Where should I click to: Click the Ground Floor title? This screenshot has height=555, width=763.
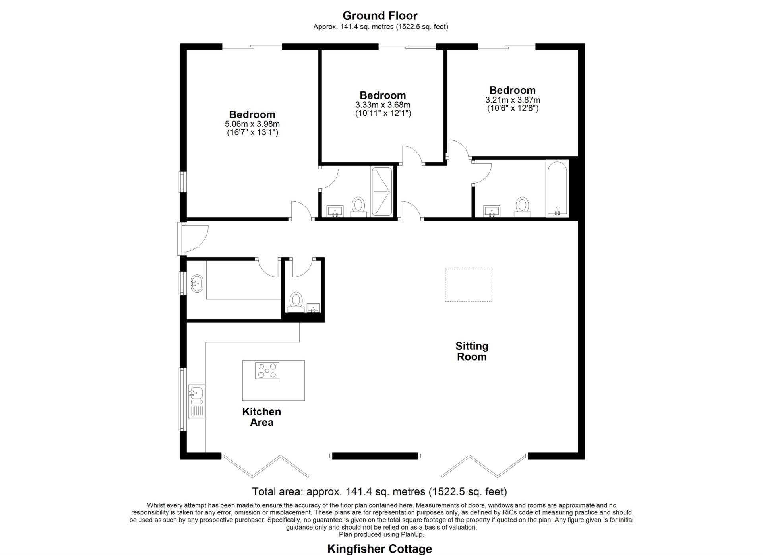[x=380, y=16]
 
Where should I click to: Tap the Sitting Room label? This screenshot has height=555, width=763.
[x=472, y=351]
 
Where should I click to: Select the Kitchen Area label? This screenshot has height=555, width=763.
[x=261, y=417]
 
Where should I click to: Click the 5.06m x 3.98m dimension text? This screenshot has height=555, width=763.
[x=252, y=124]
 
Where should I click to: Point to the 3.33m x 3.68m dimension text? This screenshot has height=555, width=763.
[x=383, y=105]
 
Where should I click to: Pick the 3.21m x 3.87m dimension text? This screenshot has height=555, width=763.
[x=513, y=100]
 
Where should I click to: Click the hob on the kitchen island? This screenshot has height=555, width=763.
[x=267, y=371]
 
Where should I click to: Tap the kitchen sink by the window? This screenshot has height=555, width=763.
[x=197, y=401]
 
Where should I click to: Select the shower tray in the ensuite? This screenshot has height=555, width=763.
[x=381, y=192]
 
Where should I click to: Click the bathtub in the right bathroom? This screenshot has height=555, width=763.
[x=557, y=189]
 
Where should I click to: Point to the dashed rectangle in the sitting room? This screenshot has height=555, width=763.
[x=469, y=285]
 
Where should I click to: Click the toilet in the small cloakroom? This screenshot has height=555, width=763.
[x=296, y=302]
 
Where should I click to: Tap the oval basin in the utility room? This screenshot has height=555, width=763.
[x=197, y=283]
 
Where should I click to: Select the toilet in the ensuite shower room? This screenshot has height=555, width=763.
[x=358, y=207]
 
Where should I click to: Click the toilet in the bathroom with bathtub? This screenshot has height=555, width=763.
[x=522, y=207]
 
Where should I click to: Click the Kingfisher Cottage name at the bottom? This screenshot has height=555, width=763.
[x=380, y=549]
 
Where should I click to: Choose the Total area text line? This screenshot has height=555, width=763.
[x=380, y=492]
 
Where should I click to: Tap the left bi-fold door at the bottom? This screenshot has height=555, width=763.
[x=265, y=466]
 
